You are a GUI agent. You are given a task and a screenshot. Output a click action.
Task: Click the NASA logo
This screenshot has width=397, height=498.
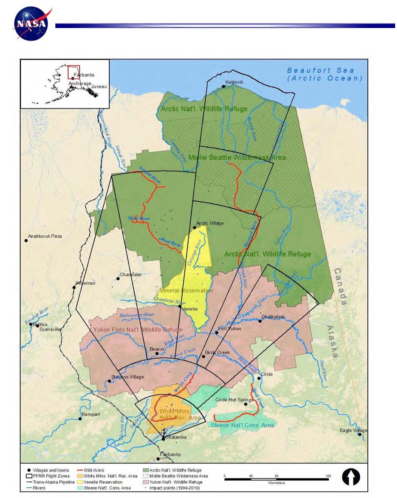[x=32, y=24]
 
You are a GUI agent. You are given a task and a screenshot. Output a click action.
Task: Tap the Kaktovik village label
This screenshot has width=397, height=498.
[x=234, y=82]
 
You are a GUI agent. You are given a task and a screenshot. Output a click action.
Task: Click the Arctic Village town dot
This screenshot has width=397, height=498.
[x=195, y=227]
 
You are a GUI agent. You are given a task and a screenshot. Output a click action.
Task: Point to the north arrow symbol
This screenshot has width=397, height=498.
[x=351, y=477]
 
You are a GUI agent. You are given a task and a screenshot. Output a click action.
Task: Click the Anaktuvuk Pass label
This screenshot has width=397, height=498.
[x=45, y=236]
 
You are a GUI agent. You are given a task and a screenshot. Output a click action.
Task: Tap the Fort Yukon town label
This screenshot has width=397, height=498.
[x=229, y=329]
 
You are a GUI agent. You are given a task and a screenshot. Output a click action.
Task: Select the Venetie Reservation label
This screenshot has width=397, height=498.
[x=186, y=290]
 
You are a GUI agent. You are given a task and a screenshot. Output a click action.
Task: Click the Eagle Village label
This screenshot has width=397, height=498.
[x=353, y=430]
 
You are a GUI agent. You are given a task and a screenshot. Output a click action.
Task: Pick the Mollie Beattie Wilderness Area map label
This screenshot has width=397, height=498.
[x=237, y=158]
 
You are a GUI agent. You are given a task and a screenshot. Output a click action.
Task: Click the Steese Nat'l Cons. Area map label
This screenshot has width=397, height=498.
[x=242, y=425]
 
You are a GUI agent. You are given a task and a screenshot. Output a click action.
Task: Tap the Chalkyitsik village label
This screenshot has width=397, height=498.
[x=273, y=317]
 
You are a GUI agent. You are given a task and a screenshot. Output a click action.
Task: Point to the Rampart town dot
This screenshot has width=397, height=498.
[x=80, y=419]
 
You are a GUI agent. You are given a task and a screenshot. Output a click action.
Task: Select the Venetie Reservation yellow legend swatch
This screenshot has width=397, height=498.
[x=80, y=482]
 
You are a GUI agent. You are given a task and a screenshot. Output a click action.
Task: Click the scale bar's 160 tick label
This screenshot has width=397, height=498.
[x=328, y=476]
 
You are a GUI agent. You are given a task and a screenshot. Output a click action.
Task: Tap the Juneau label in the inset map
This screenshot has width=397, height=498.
[x=99, y=86]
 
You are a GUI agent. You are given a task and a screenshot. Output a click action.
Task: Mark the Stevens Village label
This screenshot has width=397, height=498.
[x=128, y=377]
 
